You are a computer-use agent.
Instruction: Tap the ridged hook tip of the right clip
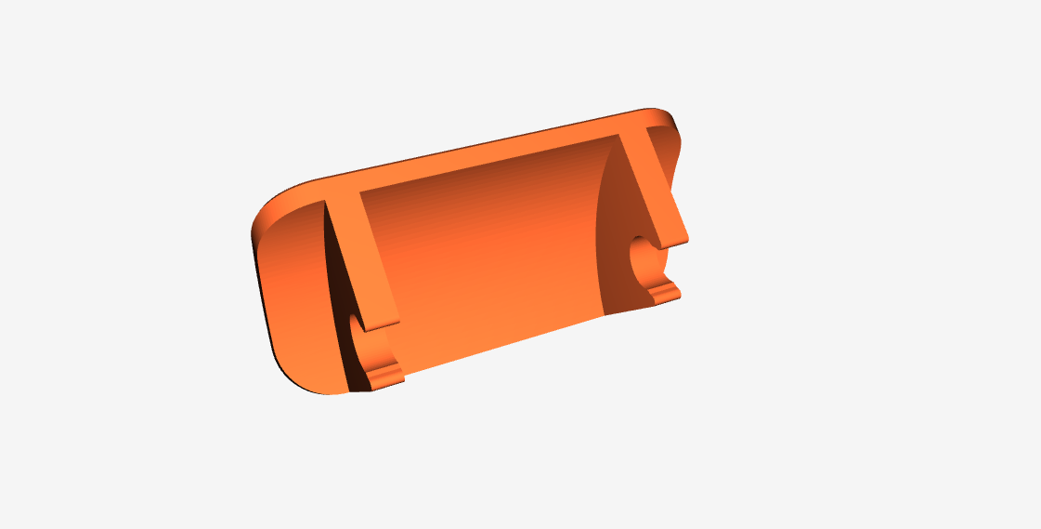666,294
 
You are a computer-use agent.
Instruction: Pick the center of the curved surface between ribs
483,251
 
